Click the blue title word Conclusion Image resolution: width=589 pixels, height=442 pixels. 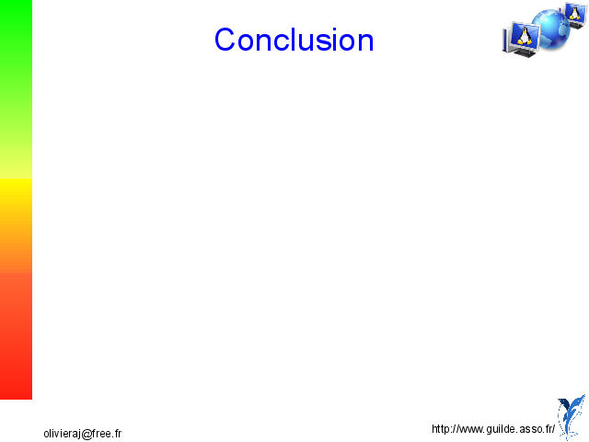294,39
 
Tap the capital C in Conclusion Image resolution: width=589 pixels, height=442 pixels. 224,39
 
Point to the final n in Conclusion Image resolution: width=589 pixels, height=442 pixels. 365,42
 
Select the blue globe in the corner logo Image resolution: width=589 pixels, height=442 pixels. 551,30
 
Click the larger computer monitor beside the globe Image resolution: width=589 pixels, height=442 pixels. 522,40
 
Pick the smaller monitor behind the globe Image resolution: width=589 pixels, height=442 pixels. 574,15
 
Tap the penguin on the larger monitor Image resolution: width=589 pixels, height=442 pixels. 524,37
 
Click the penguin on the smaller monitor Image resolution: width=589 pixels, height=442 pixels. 574,13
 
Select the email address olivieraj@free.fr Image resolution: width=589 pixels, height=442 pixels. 83,434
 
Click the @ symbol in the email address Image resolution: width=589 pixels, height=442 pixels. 87,435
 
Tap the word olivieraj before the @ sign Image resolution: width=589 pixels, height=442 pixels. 63,434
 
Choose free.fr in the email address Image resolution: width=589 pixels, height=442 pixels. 107,434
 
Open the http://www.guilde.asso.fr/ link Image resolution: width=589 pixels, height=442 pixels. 493,429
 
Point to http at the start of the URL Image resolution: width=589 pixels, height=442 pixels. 442,429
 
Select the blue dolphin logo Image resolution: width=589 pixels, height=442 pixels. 572,417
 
